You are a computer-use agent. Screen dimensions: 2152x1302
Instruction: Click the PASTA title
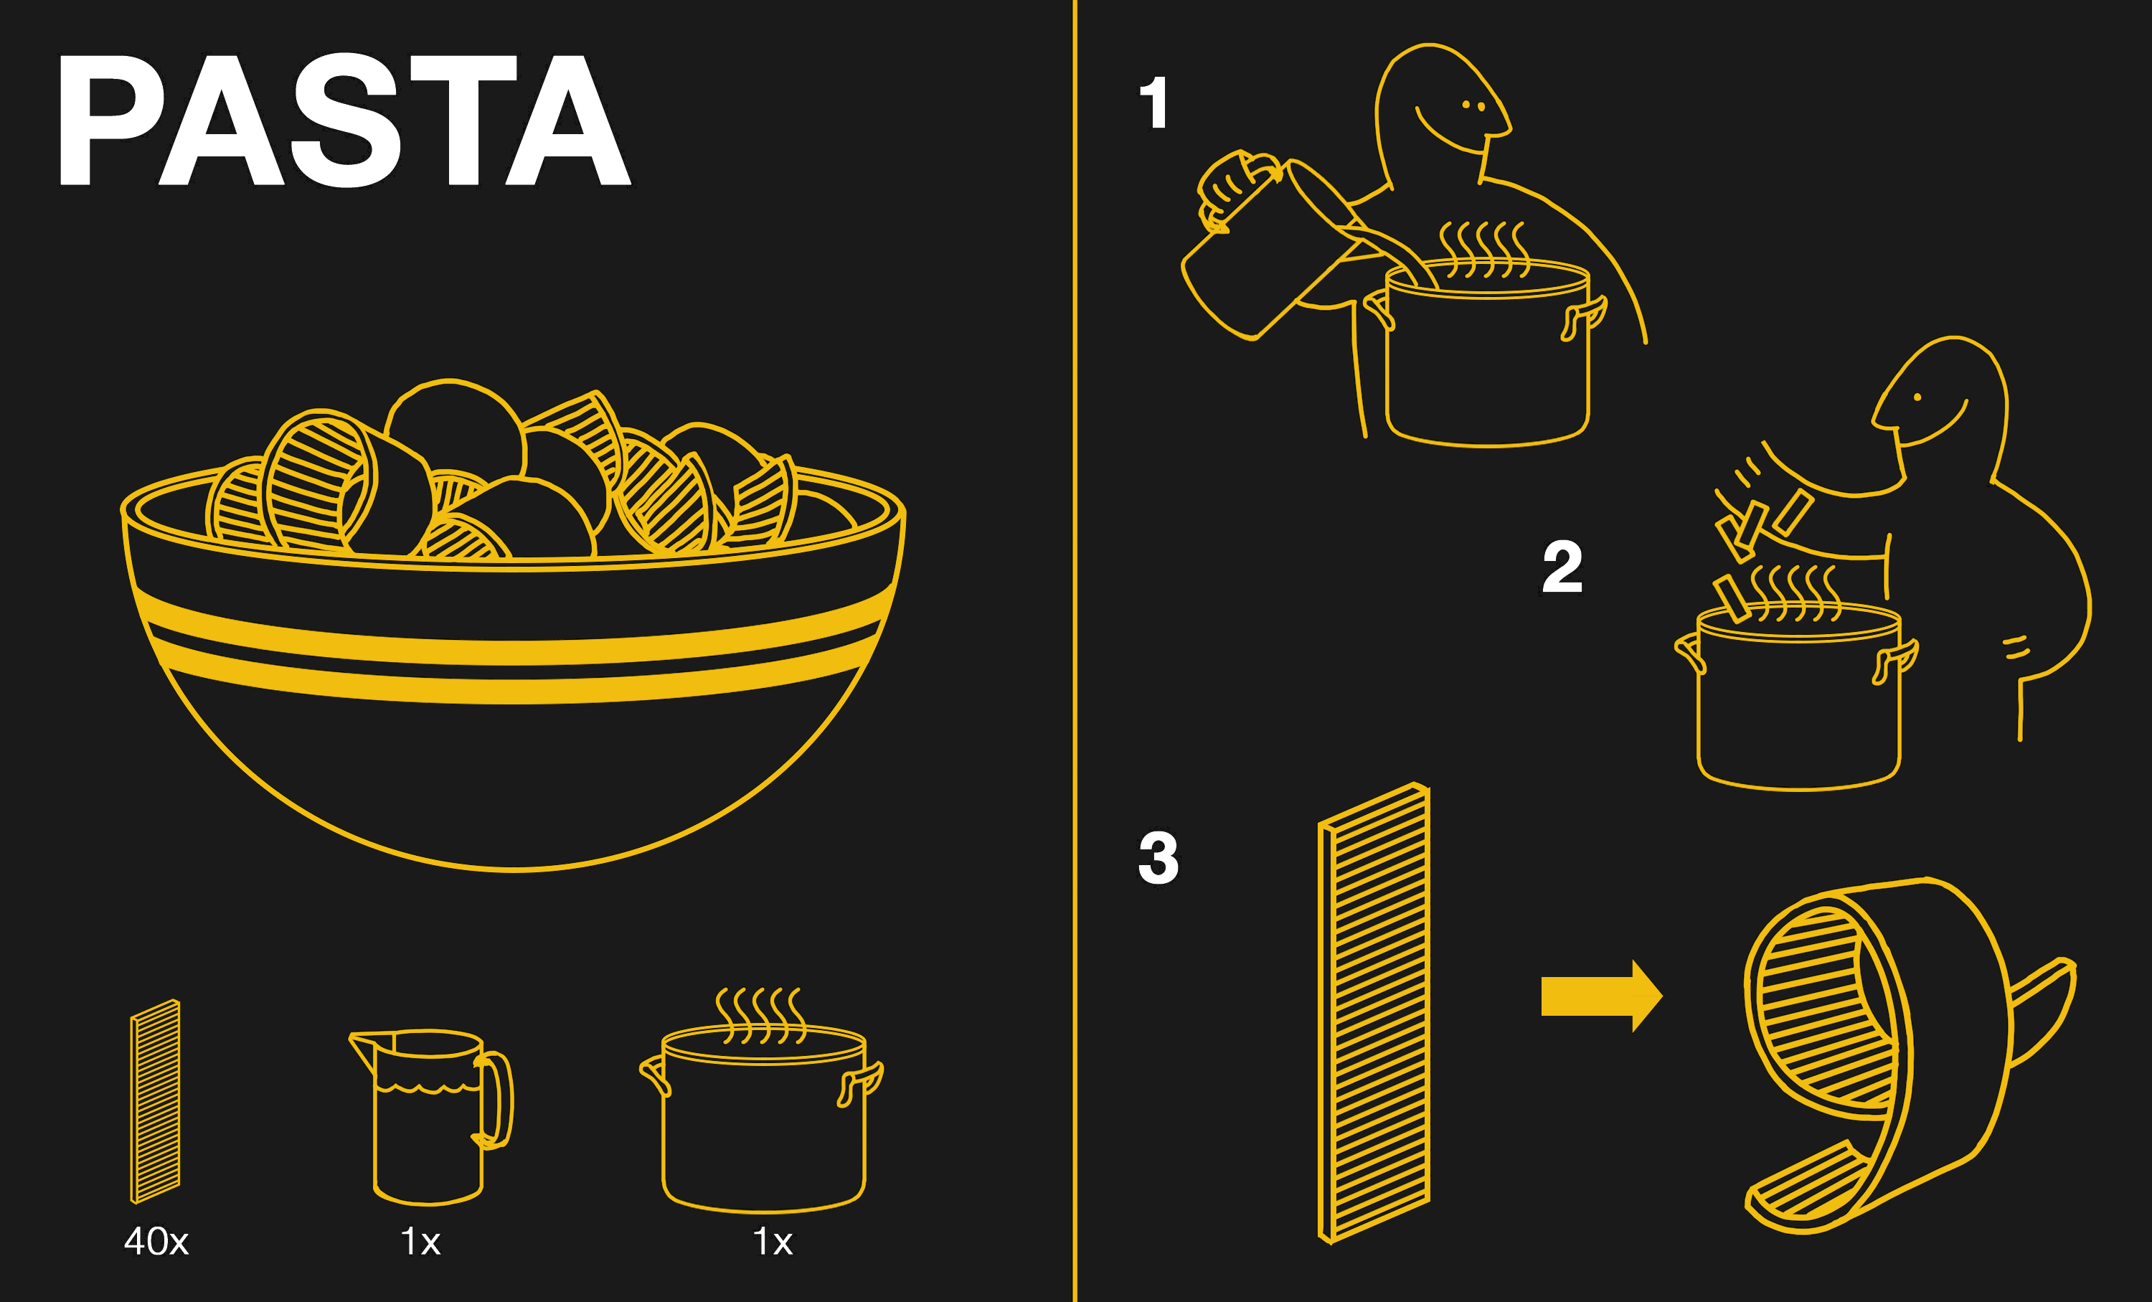(344, 120)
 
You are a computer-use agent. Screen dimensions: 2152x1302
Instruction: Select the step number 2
(1562, 567)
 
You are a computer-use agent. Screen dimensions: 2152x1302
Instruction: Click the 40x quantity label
(156, 1241)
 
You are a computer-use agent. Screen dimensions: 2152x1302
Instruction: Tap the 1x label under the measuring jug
(420, 1241)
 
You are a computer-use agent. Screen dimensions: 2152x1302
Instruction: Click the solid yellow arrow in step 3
(1601, 996)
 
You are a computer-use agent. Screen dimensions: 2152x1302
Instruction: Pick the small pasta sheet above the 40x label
(156, 1101)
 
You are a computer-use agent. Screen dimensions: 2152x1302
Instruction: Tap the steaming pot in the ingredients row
(762, 1102)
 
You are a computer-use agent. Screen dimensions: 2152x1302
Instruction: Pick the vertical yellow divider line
(1075, 651)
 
